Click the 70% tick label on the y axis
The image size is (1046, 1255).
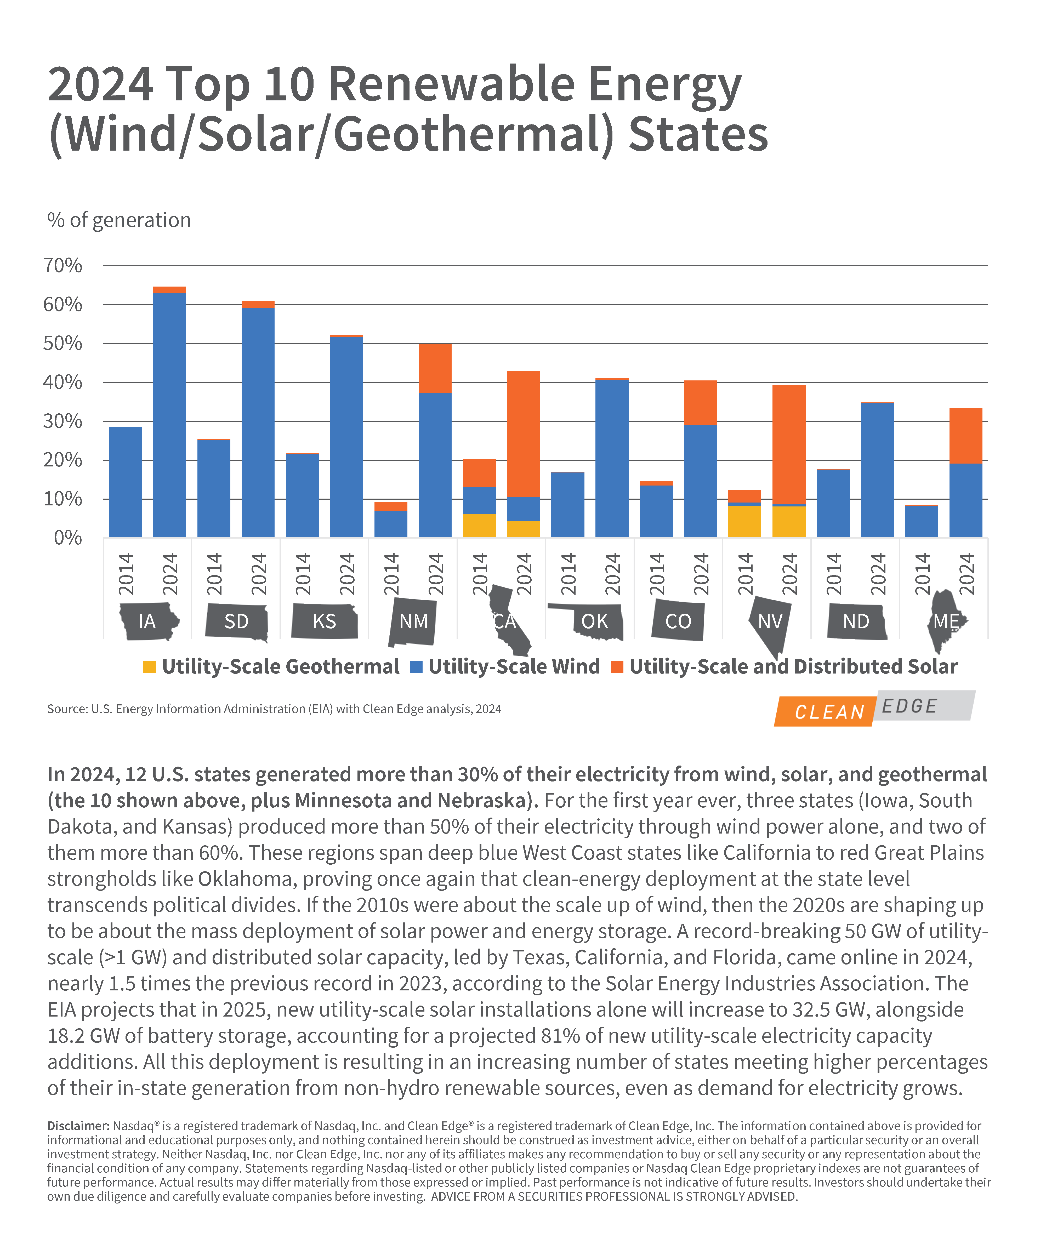pyautogui.click(x=63, y=265)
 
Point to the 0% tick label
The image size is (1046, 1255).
pyautogui.click(x=68, y=538)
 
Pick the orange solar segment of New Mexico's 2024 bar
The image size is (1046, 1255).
pyautogui.click(x=435, y=368)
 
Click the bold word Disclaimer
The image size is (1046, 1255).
pyautogui.click(x=78, y=1126)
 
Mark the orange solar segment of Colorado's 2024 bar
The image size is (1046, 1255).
pyautogui.click(x=701, y=403)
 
